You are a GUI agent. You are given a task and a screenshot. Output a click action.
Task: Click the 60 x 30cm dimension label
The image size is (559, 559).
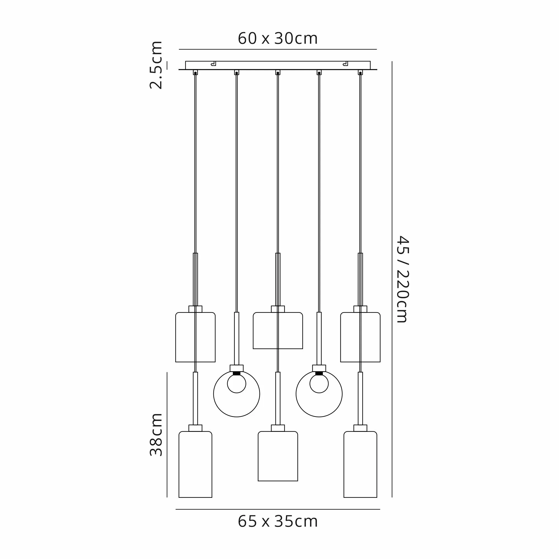click(278, 38)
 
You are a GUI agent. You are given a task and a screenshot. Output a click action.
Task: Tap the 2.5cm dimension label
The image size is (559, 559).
click(156, 65)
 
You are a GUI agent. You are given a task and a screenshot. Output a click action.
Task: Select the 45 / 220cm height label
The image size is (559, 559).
click(402, 279)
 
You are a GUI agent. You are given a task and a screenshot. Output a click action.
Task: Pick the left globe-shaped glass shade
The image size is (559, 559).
click(214, 394)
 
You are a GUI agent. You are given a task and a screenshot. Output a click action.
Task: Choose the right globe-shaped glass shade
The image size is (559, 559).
click(296, 394)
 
